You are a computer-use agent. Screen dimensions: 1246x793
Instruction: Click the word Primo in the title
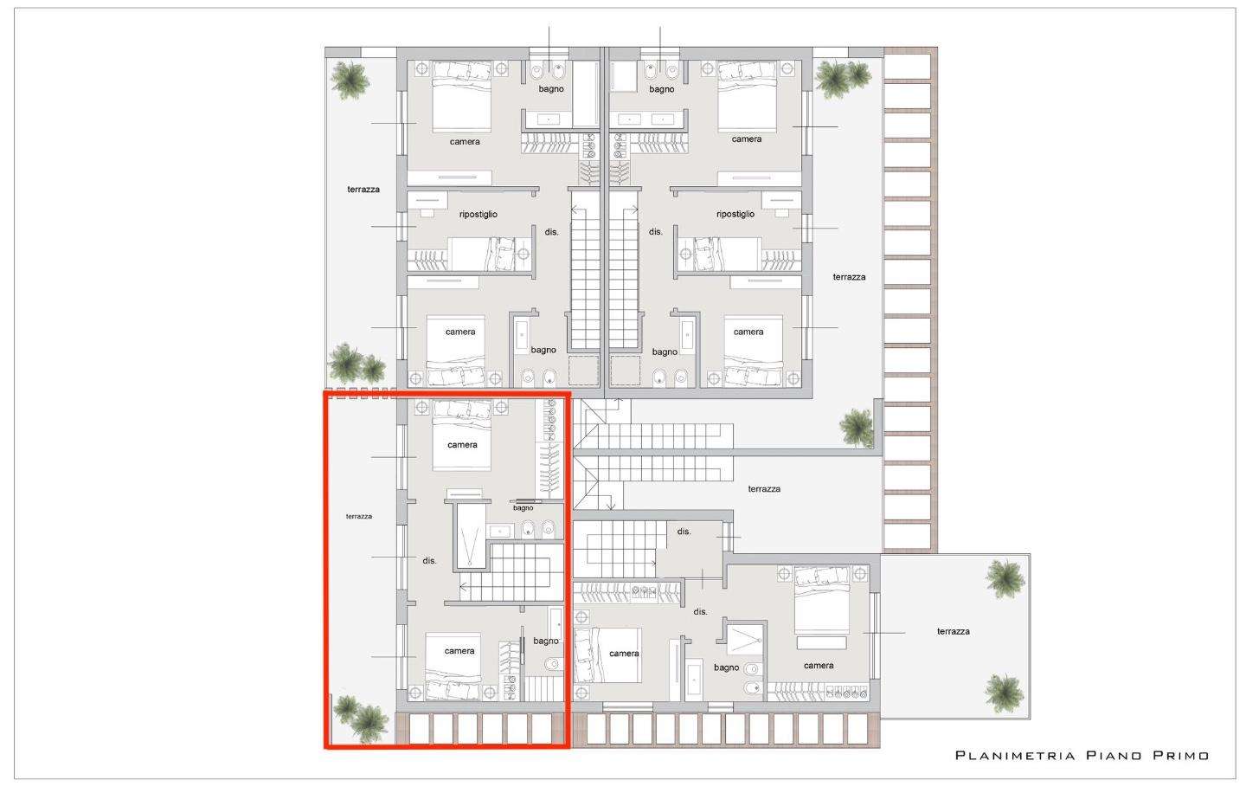click(x=1181, y=756)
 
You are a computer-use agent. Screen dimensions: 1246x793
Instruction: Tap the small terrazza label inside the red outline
click(x=359, y=517)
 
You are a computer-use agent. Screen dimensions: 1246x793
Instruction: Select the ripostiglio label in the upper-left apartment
click(x=478, y=214)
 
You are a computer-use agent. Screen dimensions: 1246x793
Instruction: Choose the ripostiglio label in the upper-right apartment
click(x=735, y=214)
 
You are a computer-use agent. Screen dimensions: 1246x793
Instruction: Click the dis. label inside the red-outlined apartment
click(x=429, y=561)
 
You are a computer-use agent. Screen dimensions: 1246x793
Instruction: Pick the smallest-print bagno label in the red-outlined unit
click(x=523, y=508)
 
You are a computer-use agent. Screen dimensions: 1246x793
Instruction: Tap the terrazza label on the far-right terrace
click(x=953, y=632)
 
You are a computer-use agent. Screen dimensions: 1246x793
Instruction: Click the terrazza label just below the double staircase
click(x=764, y=489)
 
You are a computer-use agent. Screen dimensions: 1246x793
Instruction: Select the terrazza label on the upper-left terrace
click(x=363, y=190)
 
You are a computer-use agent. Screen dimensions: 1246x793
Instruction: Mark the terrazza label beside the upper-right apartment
click(x=849, y=277)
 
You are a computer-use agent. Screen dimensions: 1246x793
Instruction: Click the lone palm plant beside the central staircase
click(x=857, y=428)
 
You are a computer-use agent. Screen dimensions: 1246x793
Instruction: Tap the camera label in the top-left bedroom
click(x=465, y=142)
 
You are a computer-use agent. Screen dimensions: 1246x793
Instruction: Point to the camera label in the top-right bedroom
click(x=747, y=139)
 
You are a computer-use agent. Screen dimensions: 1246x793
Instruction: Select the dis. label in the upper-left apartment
click(x=551, y=232)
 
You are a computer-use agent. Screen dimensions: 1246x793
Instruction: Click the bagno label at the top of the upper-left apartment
click(x=550, y=89)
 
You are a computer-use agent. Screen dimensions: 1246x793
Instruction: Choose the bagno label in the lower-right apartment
click(x=727, y=667)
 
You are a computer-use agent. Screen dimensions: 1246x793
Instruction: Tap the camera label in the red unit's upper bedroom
click(x=462, y=445)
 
